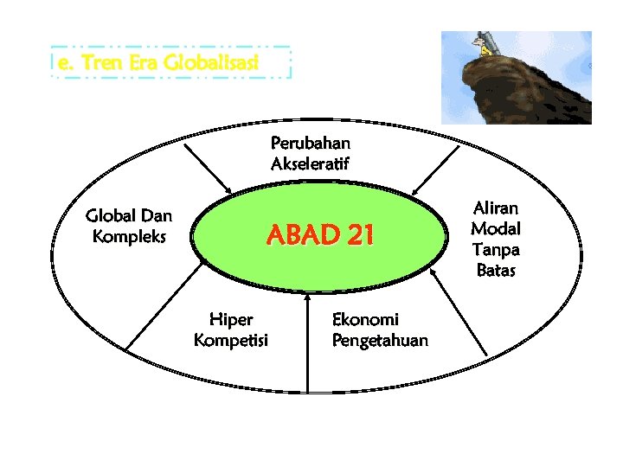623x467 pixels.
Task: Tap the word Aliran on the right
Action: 495,208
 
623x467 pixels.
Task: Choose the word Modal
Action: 495,228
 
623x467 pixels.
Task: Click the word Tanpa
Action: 495,249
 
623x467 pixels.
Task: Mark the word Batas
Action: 495,270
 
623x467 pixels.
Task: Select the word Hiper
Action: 231,319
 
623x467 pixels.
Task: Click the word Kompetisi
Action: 231,340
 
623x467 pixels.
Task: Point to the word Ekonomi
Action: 365,319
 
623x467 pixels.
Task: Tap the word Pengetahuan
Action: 380,340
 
